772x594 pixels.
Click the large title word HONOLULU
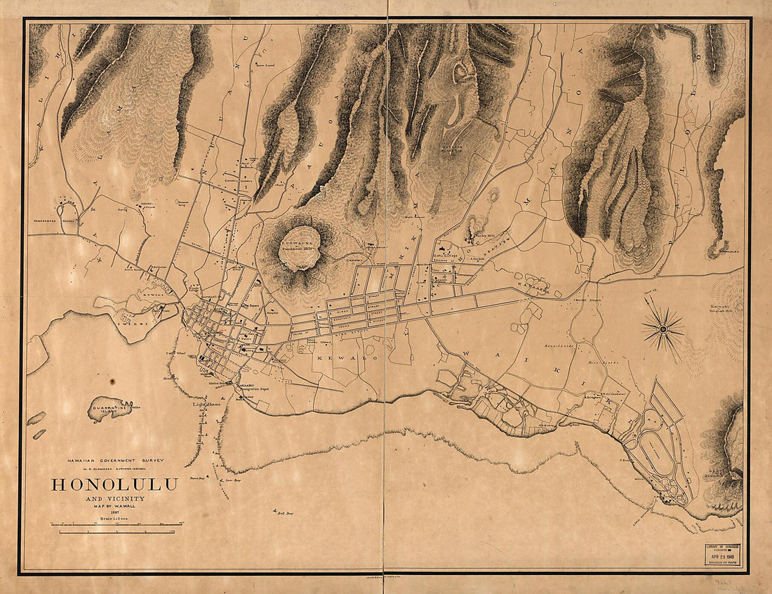point(114,484)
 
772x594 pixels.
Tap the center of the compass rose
point(663,329)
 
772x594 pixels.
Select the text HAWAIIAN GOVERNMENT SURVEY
point(114,460)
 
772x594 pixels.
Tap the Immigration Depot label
point(255,388)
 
